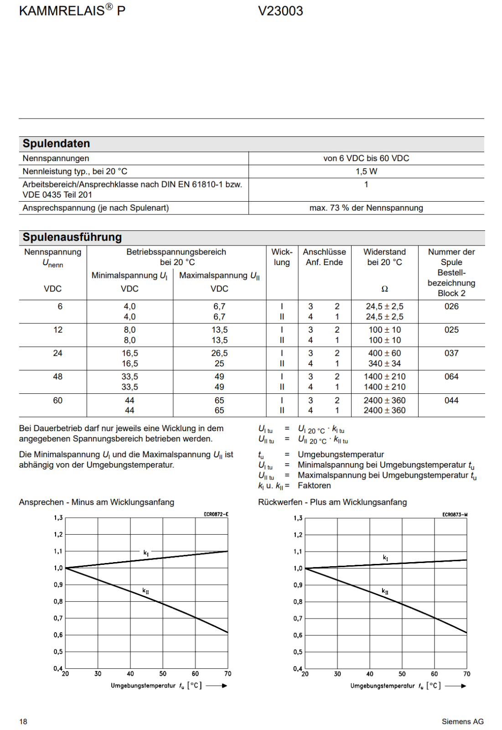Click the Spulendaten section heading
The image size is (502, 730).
point(56,144)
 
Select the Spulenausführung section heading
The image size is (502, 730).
point(72,237)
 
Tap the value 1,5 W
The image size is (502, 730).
point(366,172)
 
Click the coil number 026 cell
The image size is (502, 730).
point(451,307)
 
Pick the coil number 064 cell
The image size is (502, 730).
point(451,377)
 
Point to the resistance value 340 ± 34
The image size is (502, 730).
point(384,364)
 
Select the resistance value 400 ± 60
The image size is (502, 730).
point(384,353)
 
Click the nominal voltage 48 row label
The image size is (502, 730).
point(58,377)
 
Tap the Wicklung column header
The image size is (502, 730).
point(282,257)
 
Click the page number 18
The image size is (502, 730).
point(23,721)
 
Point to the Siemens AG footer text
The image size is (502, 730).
point(462,721)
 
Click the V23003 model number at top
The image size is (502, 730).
point(280,11)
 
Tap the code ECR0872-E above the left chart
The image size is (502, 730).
point(216,514)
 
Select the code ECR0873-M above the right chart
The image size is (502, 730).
point(455,515)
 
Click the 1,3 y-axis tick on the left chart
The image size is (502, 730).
point(58,518)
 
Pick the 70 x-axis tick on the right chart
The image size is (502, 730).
point(467,674)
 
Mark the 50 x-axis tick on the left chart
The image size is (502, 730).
point(163,673)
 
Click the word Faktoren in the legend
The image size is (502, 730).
point(314,485)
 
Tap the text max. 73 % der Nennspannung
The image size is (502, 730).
point(366,208)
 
